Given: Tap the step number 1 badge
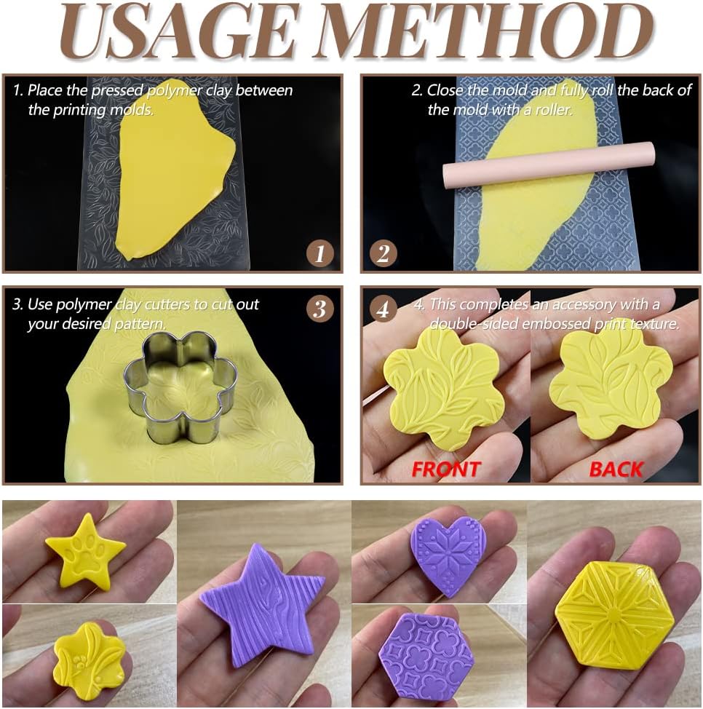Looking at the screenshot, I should [319, 254].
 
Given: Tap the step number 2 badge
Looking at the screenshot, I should [384, 254].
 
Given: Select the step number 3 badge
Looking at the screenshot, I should [319, 309].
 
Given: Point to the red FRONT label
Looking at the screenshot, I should [445, 470].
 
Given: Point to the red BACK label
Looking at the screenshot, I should [616, 470].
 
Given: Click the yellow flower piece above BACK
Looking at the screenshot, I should [610, 382].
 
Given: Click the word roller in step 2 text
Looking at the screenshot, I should [550, 110].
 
